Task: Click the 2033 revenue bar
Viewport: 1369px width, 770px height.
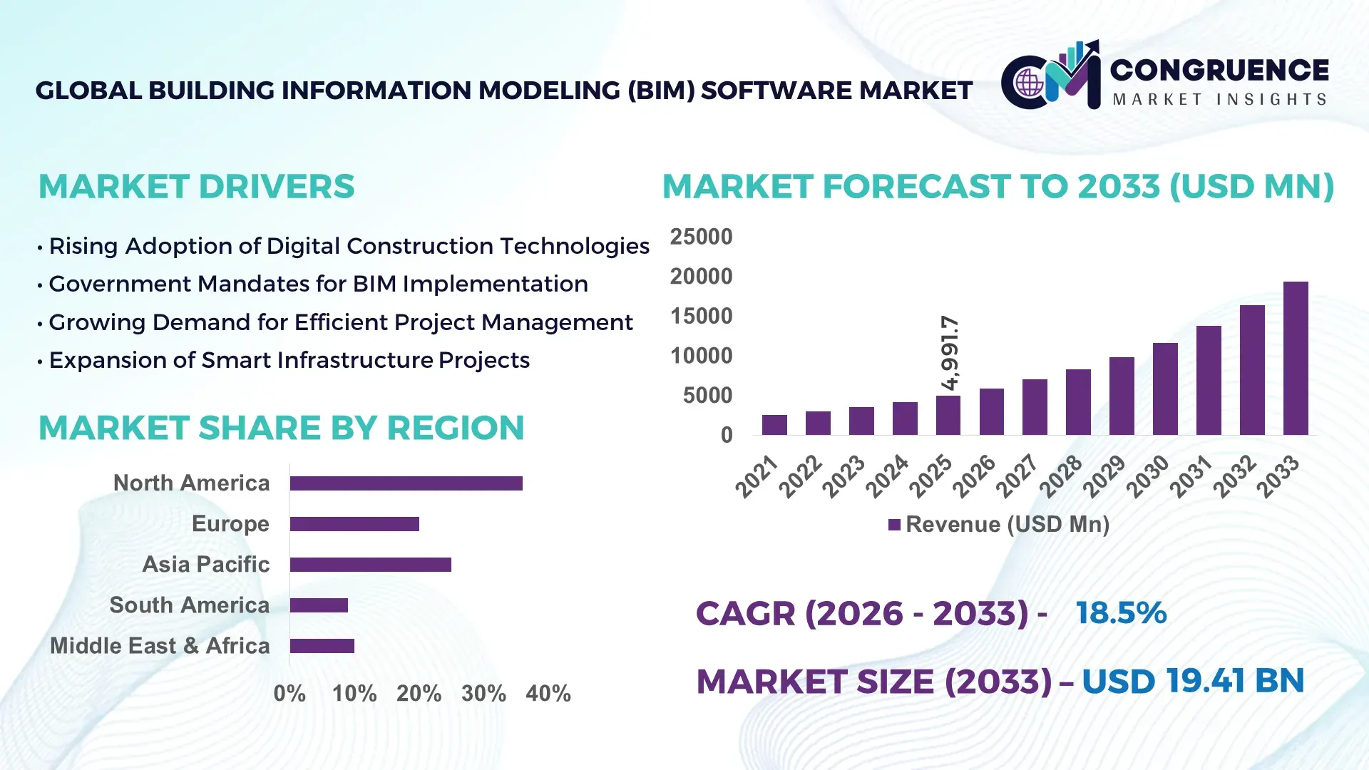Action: coord(1296,359)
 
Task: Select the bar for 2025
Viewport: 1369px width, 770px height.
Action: coord(948,416)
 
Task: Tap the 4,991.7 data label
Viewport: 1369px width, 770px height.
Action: coord(950,353)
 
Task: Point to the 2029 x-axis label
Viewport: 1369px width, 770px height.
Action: coord(1104,476)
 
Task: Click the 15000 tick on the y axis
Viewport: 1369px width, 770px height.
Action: coord(701,316)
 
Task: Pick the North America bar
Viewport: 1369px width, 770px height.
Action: coord(406,483)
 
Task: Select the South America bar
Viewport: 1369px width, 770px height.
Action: coord(319,605)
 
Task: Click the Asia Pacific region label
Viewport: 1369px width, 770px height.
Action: coord(206,564)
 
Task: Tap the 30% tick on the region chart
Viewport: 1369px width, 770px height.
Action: coord(483,693)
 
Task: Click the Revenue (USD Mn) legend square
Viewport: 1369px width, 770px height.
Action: coord(894,525)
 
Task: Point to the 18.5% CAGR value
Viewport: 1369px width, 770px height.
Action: coord(1121,613)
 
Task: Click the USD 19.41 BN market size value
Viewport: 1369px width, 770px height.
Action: coord(1193,681)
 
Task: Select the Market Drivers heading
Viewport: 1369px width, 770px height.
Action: coord(196,187)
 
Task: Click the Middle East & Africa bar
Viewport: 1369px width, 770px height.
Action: coord(322,646)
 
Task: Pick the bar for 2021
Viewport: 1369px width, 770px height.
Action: coord(774,425)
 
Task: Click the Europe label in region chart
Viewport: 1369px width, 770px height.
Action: coord(230,523)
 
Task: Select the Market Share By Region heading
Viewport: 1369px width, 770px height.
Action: coord(281,428)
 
